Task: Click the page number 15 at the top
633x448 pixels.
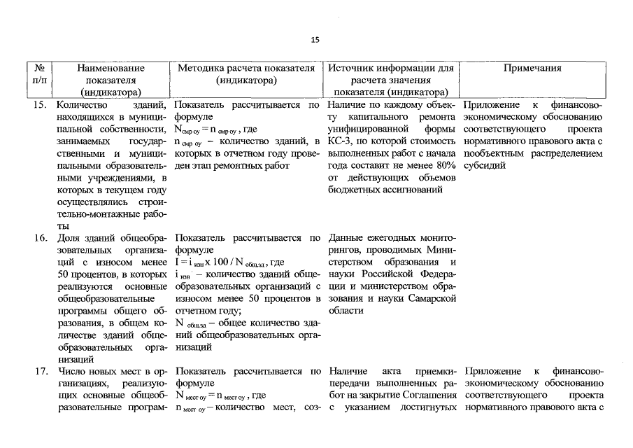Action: [x=315, y=40]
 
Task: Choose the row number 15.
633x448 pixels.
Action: [x=40, y=105]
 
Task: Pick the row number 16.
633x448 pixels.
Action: [x=40, y=237]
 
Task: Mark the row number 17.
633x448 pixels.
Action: [x=40, y=370]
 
